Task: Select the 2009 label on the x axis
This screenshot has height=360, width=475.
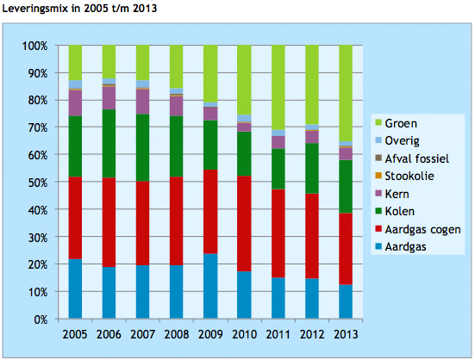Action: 211,334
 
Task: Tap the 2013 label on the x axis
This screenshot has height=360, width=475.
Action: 346,334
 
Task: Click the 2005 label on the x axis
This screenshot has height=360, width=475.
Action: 76,334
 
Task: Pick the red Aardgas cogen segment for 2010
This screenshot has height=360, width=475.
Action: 245,224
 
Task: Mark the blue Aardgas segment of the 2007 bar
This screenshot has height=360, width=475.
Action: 143,292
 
